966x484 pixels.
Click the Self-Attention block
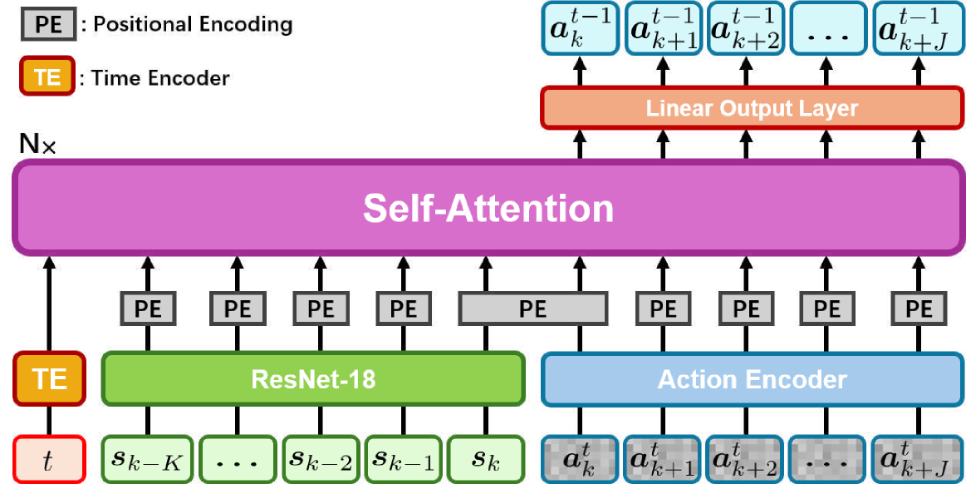point(488,207)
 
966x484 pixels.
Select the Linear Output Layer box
point(751,108)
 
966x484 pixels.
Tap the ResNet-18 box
point(313,379)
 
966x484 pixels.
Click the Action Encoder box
point(751,379)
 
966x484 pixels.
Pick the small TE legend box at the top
point(47,77)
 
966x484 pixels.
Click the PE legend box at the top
point(48,25)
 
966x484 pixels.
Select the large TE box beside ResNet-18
point(49,379)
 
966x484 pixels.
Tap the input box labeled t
point(49,459)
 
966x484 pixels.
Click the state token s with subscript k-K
point(147,459)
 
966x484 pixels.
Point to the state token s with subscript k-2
point(319,459)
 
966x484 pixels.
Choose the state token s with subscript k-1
point(402,459)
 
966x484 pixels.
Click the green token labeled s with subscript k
point(485,459)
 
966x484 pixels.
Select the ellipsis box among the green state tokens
point(236,459)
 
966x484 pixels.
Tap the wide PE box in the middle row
point(532,309)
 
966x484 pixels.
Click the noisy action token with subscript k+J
point(917,459)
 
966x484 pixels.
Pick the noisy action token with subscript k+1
point(662,459)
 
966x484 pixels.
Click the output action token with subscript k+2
point(746,28)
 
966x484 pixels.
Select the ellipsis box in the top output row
point(828,28)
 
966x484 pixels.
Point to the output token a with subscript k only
point(580,28)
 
